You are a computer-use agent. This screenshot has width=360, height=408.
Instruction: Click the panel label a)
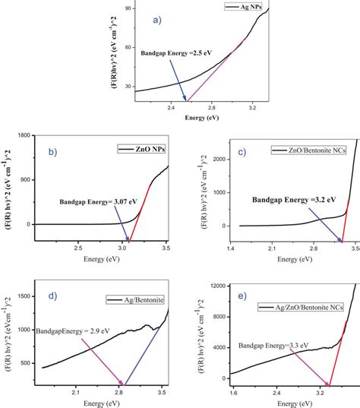pyautogui.click(x=157, y=20)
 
